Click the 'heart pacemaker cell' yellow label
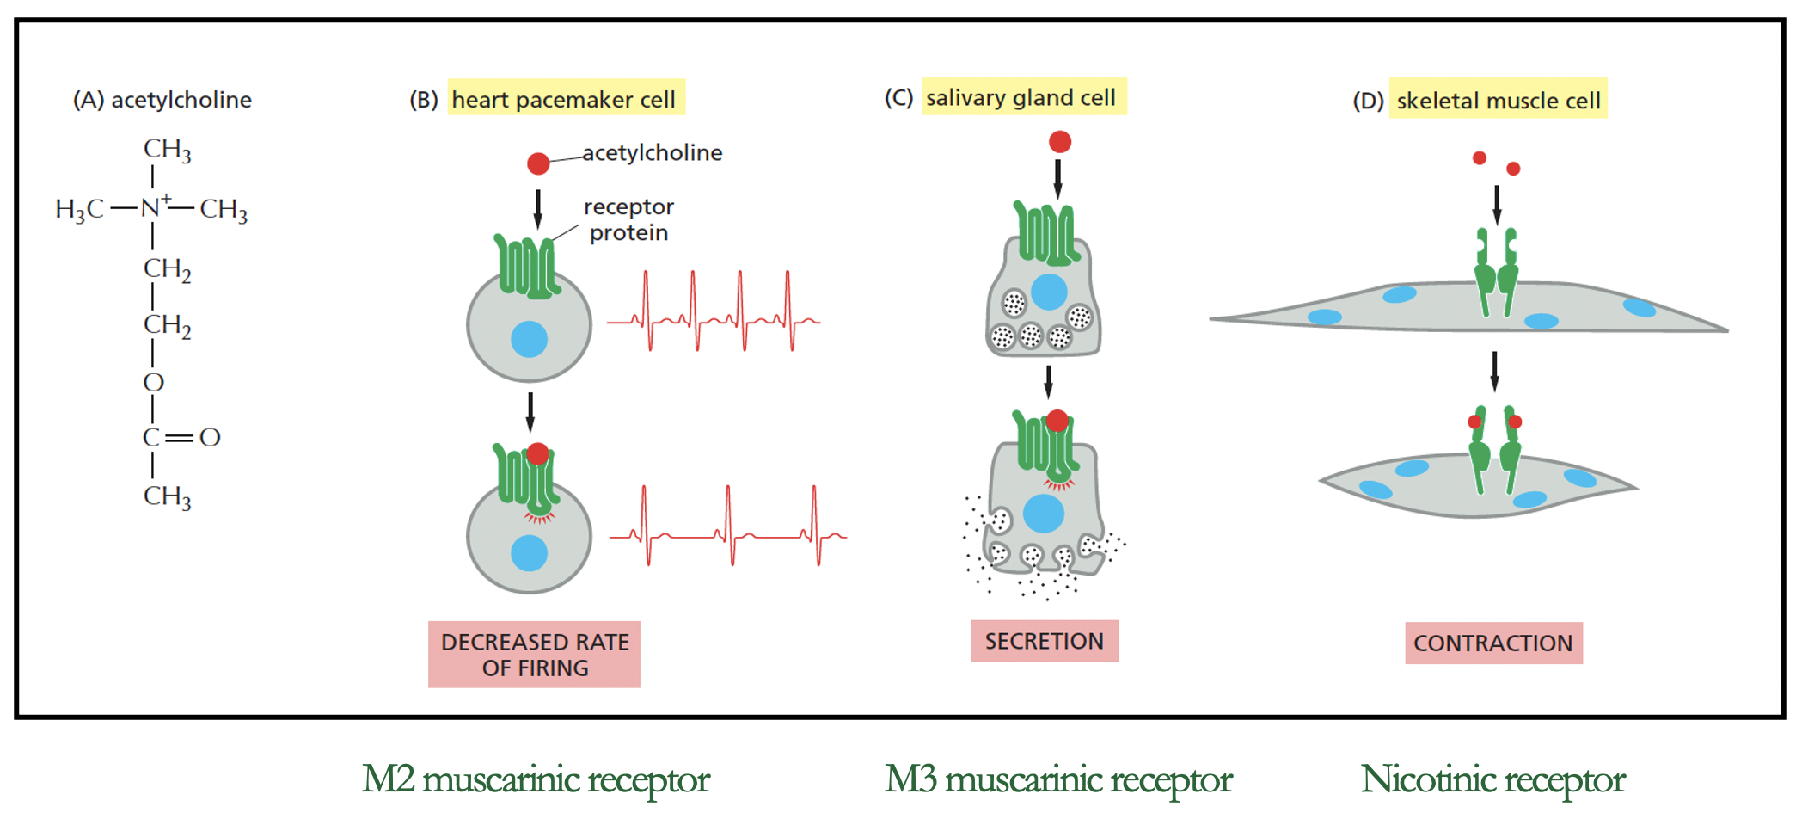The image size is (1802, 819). [x=565, y=100]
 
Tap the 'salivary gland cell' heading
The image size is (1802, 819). [x=1022, y=97]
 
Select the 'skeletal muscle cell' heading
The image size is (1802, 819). [x=1498, y=101]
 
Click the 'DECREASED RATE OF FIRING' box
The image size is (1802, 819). [x=534, y=655]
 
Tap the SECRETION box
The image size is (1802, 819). [x=1044, y=641]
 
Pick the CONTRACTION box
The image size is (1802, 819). [x=1492, y=643]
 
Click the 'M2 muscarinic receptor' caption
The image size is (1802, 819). [x=535, y=779]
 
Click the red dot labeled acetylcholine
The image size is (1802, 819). [x=538, y=163]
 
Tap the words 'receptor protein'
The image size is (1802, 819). [x=628, y=219]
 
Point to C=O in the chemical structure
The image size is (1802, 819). [x=181, y=437]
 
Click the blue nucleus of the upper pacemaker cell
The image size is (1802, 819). [x=529, y=339]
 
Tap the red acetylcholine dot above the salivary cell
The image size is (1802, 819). [x=1060, y=141]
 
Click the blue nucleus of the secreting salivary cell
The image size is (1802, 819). [x=1044, y=514]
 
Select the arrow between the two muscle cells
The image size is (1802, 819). [x=1494, y=371]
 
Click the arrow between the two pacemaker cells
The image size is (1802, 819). [x=530, y=412]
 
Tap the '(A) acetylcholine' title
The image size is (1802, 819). [x=162, y=100]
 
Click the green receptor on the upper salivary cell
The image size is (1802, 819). [x=1045, y=234]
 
